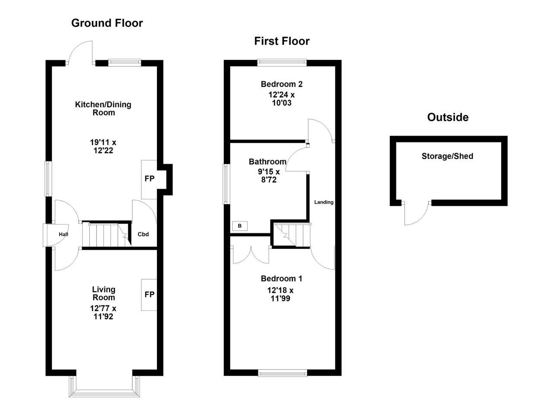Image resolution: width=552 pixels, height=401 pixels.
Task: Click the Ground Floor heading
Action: (x=107, y=23)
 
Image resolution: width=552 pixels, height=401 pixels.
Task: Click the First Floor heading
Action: (x=282, y=41)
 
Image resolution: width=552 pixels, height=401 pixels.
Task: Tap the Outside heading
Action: (x=448, y=117)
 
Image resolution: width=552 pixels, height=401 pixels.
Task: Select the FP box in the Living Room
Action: (x=149, y=295)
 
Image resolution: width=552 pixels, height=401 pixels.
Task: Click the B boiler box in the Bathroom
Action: (x=240, y=226)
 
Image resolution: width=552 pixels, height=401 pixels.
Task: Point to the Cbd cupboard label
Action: (x=143, y=234)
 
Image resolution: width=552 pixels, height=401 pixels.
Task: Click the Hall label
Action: (x=63, y=234)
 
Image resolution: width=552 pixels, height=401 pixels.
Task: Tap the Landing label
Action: (x=323, y=202)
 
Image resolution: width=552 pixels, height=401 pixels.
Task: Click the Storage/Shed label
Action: (x=447, y=156)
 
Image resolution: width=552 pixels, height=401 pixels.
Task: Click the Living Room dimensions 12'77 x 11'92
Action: (x=103, y=313)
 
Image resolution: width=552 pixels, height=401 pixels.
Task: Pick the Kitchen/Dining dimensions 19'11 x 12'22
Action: (x=103, y=146)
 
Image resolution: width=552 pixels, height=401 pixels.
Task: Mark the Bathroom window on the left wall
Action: (x=226, y=184)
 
